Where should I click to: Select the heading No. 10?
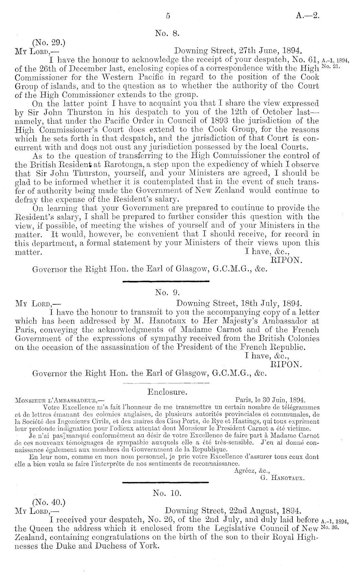[x=167, y=493]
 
